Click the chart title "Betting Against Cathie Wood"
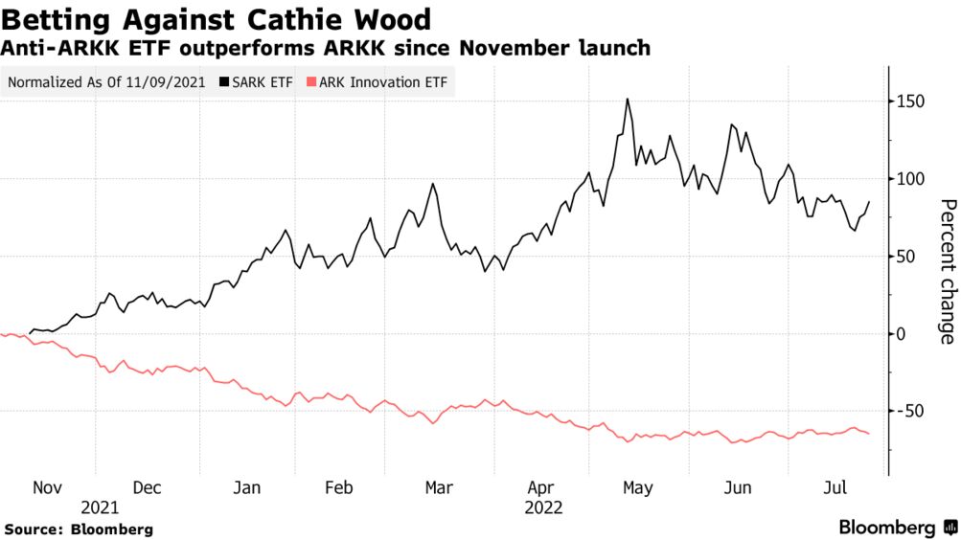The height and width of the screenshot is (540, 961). tap(216, 19)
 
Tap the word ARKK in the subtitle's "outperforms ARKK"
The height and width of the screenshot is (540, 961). tap(355, 47)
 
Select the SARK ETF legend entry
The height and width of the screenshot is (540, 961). tap(256, 82)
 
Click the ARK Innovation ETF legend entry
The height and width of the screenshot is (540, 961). tap(377, 82)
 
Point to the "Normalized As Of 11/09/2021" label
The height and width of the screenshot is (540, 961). tap(106, 82)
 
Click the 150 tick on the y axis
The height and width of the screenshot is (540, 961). tap(910, 101)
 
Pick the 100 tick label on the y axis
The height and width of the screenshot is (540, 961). tap(910, 179)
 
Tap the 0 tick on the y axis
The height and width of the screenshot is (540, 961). tap(901, 334)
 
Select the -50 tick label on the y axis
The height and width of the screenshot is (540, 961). tap(910, 411)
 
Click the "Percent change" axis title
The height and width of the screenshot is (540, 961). tap(948, 271)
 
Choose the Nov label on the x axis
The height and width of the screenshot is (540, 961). tap(47, 488)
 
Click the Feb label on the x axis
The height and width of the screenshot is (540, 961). tap(339, 488)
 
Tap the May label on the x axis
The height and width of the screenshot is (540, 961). tap(638, 488)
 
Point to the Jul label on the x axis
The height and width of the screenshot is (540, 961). tap(835, 488)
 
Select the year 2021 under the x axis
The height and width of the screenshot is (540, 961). tap(100, 508)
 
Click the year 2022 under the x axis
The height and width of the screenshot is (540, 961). tap(543, 508)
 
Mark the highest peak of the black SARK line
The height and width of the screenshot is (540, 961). tap(627, 100)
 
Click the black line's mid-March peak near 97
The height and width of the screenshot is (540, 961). tap(433, 184)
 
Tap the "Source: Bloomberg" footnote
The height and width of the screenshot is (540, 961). tap(79, 529)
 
